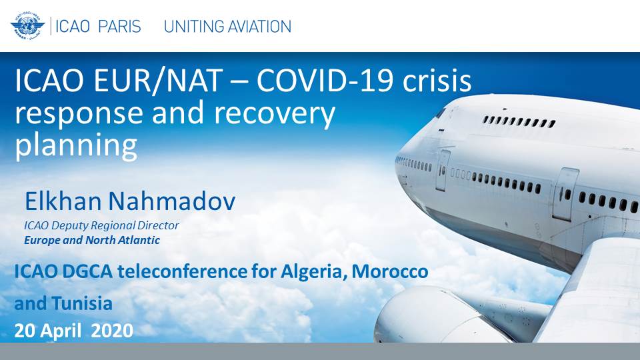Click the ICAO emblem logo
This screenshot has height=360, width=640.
tap(27, 26)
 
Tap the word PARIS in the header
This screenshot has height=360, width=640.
tap(119, 27)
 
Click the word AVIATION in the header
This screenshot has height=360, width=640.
tap(259, 27)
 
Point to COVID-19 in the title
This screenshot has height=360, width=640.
tap(325, 81)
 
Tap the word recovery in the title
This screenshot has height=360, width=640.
tap(274, 114)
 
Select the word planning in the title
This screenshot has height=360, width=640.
tap(76, 146)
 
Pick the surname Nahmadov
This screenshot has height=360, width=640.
tap(172, 201)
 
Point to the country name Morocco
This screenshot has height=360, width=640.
tap(390, 272)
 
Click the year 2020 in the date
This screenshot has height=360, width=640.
tap(112, 331)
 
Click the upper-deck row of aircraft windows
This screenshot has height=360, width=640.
tap(519, 121)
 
